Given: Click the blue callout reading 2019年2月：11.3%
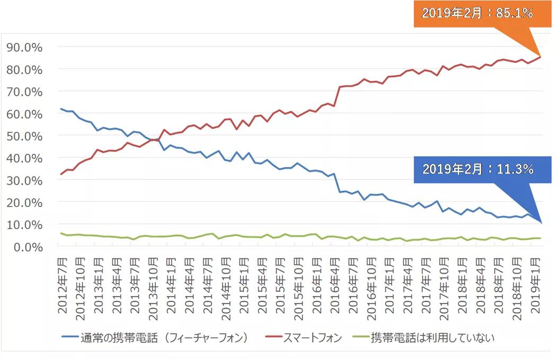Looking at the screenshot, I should click(477, 169).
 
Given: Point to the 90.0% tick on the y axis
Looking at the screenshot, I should click(24, 47).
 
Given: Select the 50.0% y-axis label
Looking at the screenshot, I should click(24, 136).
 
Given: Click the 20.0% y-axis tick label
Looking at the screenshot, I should click(24, 202).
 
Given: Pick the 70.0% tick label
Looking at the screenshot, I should click(24, 92).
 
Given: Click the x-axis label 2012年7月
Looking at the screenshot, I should click(63, 284).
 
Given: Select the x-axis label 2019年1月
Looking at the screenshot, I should click(536, 284).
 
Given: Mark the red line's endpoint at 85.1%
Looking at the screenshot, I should click(540, 57).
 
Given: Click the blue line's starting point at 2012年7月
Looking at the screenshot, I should click(61, 109).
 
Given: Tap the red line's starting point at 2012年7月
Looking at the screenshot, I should click(61, 174).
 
